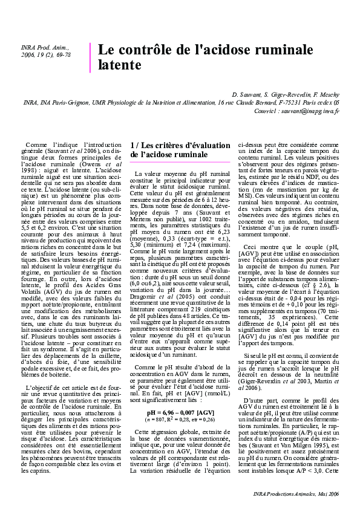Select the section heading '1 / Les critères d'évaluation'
tap(180, 146)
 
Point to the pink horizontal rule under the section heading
tap(180, 162)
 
